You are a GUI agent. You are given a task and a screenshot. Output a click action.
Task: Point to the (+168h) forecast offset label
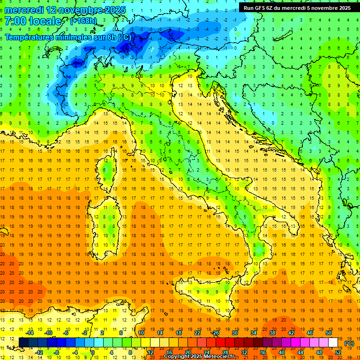click(83, 21)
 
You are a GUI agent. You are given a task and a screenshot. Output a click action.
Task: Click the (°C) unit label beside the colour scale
click(349, 343)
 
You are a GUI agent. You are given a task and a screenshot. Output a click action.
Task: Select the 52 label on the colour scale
click(338, 352)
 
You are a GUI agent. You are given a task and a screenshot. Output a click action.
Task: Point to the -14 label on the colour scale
click(30, 333)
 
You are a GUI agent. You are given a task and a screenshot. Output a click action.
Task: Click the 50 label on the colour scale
click(329, 333)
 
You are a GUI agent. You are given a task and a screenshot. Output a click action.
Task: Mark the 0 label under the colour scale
click(93, 352)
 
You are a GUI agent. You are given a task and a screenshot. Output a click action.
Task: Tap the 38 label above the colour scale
click(272, 333)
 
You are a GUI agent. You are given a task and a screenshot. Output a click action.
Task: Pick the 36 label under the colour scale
click(262, 352)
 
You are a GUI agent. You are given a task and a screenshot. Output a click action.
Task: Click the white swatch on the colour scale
click(333, 343)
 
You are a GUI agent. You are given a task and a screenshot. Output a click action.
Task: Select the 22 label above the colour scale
click(197, 333)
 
